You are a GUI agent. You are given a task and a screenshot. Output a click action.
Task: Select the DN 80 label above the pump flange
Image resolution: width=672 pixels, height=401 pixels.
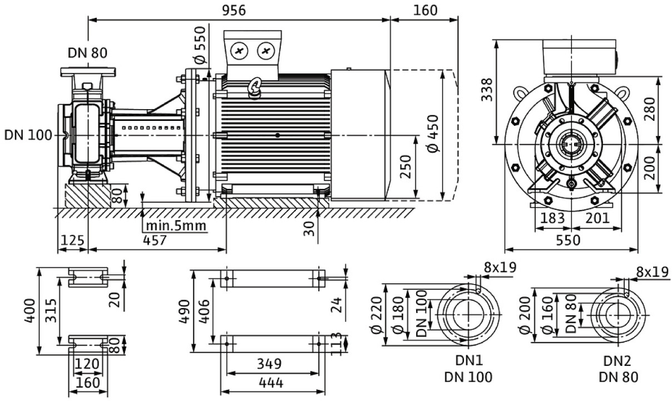[x=87, y=53]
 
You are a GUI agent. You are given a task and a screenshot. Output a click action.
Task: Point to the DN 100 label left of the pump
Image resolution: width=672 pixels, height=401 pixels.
[x=28, y=135]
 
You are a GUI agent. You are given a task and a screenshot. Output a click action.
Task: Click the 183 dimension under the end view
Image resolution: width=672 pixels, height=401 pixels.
[x=553, y=218]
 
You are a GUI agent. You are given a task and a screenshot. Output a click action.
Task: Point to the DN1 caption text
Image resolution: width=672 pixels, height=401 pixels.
[x=468, y=361]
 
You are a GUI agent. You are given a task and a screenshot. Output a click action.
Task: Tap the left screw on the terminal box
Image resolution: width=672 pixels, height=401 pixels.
[x=240, y=52]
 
